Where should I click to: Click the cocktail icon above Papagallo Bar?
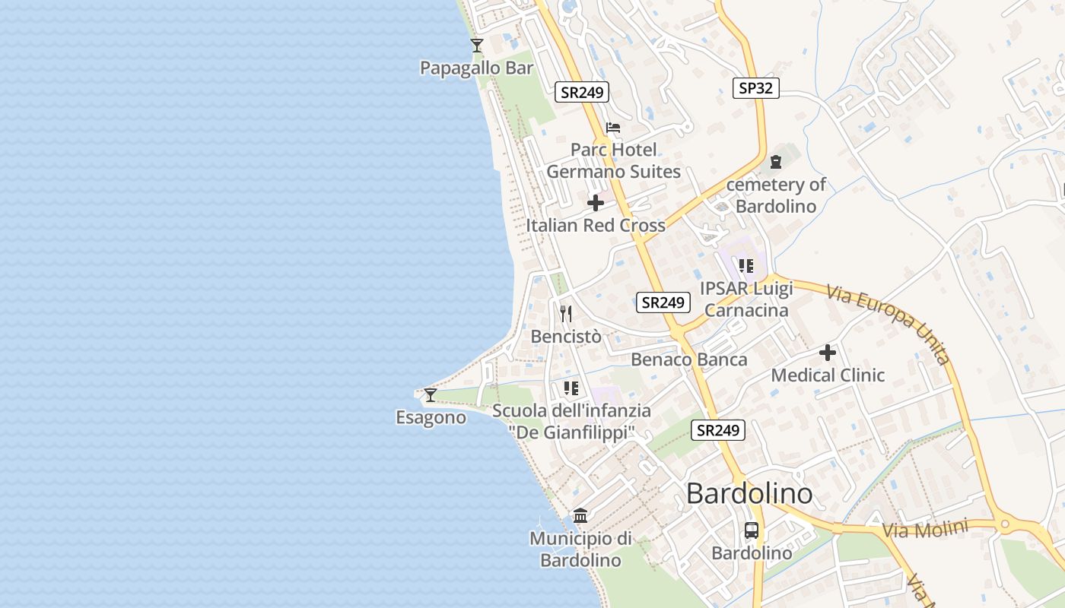[477, 46]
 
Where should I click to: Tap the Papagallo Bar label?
[477, 68]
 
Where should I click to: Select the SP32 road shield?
[755, 87]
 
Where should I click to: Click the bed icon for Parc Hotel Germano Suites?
[613, 128]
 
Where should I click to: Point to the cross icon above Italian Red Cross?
[596, 203]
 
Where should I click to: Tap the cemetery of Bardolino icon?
[775, 162]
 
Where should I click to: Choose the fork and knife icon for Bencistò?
[566, 314]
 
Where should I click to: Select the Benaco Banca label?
[689, 359]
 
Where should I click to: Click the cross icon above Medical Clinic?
[828, 353]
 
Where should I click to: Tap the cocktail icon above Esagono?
[431, 395]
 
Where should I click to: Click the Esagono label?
[431, 417]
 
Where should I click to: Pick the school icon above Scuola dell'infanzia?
[571, 388]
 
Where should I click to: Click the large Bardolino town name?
[749, 494]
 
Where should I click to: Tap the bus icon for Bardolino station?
[752, 530]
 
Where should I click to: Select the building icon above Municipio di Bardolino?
[580, 516]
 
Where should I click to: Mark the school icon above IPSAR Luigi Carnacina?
[746, 266]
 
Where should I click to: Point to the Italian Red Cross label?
[596, 226]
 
